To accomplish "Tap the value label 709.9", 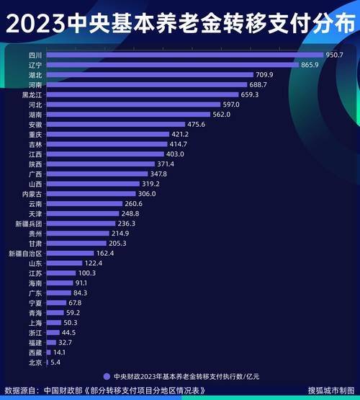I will tap(265, 75).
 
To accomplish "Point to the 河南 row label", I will tap(35, 84).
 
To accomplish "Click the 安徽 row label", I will tap(35, 125).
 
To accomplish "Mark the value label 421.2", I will tap(179, 135).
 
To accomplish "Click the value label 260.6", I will tap(153, 204).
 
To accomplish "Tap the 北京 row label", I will tap(35, 363).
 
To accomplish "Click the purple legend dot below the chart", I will tap(107, 376).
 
